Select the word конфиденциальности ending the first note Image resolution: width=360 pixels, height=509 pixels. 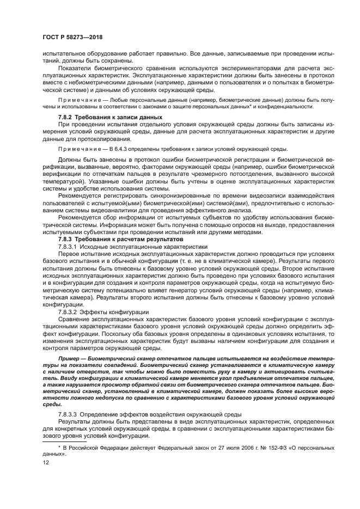pyautogui.click(x=295, y=107)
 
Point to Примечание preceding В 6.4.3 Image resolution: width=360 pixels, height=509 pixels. pyautogui.click(x=76, y=149)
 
